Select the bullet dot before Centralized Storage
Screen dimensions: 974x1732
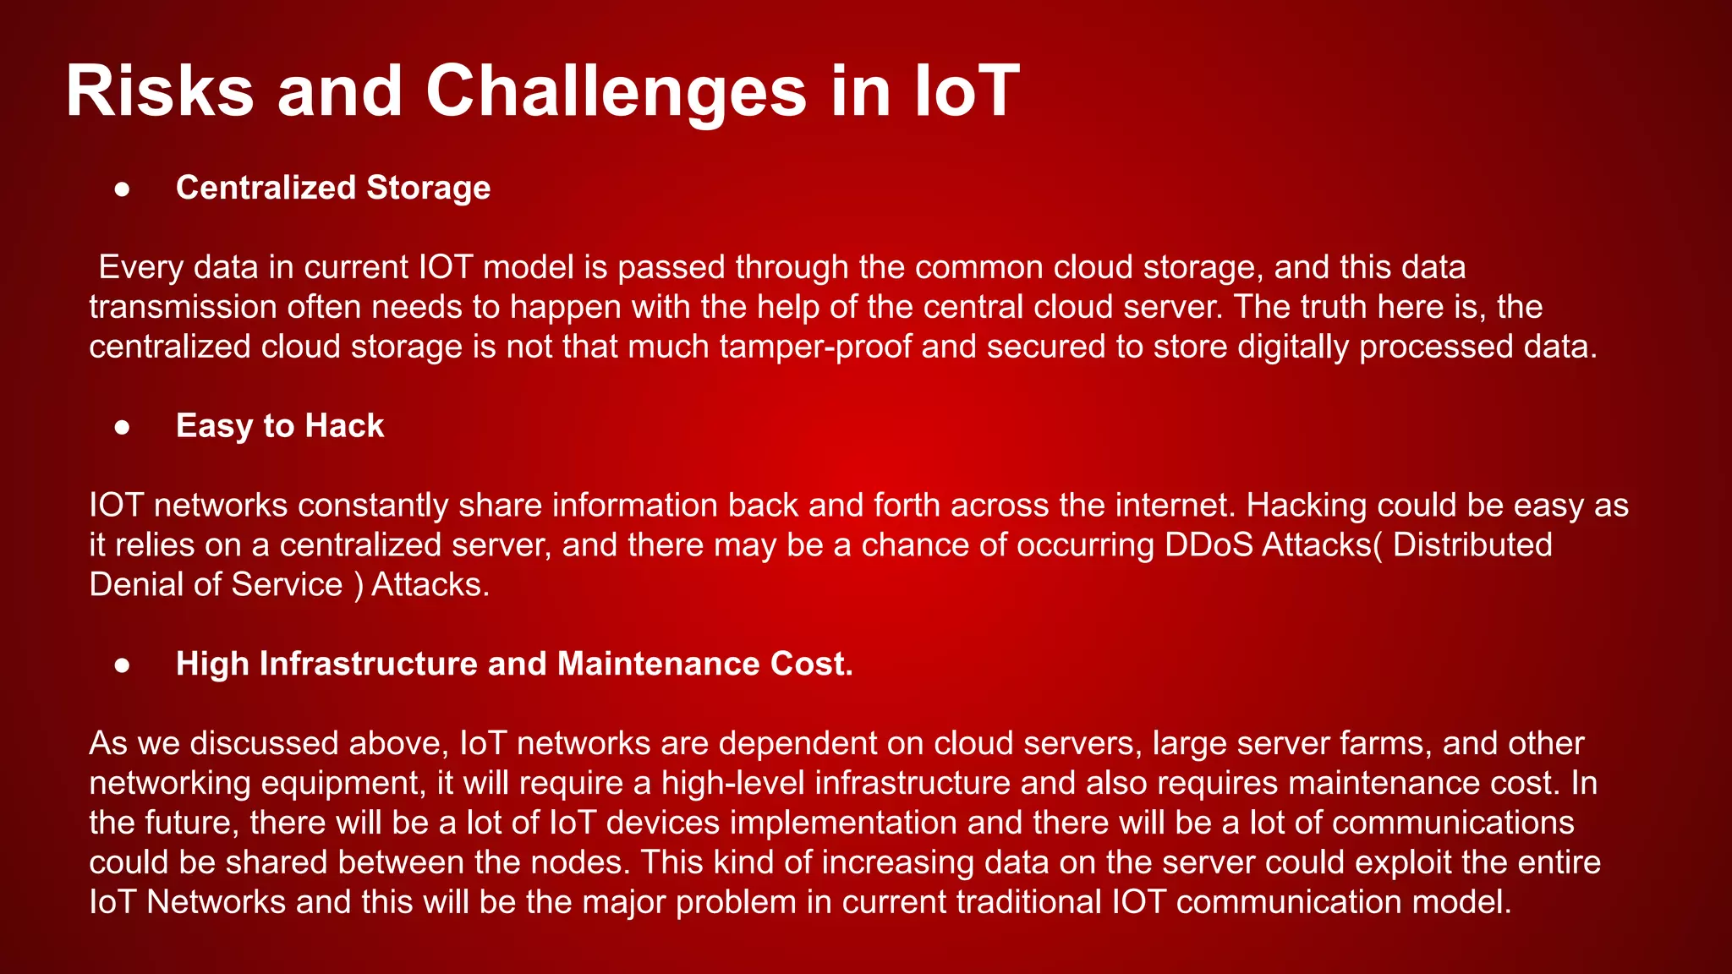click(x=123, y=189)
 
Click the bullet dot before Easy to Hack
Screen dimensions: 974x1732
click(x=123, y=427)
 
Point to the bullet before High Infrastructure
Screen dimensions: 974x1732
click(x=123, y=665)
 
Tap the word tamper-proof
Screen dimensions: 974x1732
click(x=815, y=347)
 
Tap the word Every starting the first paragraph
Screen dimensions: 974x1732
click(x=140, y=267)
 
